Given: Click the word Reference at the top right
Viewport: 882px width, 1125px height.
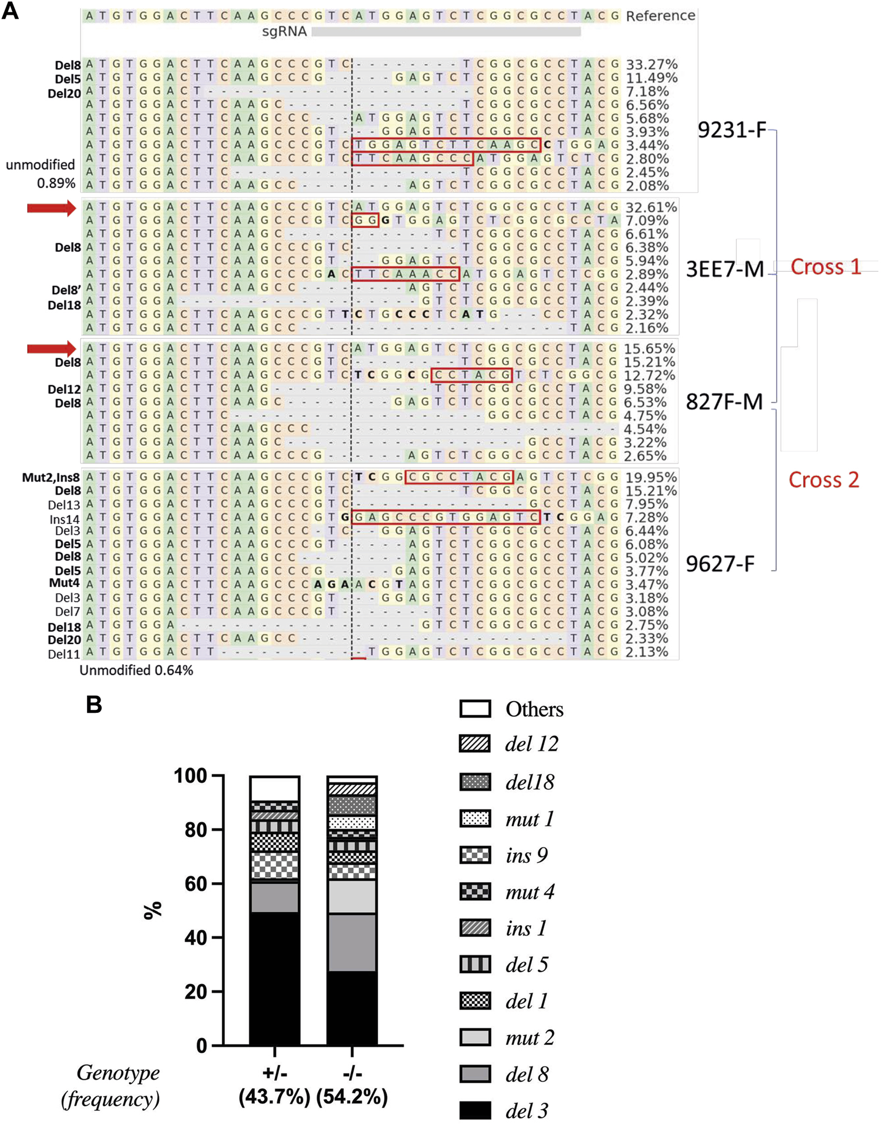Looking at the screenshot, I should click(660, 16).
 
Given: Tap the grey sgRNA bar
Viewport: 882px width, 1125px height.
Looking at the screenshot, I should click(445, 32).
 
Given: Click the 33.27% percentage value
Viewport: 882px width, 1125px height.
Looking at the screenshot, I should click(651, 64).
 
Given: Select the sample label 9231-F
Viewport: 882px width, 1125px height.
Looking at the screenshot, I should click(732, 130).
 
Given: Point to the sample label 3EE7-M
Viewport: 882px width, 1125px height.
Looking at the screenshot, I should click(725, 269).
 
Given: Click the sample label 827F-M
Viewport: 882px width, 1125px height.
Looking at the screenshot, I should click(724, 402).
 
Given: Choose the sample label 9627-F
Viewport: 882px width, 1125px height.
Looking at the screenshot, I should click(720, 564).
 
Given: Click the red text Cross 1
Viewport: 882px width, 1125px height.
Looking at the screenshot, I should click(826, 267).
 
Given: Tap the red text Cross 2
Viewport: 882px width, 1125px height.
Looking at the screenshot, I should click(824, 480).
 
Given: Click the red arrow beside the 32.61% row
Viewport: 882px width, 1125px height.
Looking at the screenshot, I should click(52, 208).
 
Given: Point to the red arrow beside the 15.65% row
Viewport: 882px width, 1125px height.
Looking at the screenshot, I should click(52, 349).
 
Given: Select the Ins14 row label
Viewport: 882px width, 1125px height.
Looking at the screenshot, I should click(64, 519).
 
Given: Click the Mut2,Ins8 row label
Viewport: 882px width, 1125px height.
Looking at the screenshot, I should click(51, 478).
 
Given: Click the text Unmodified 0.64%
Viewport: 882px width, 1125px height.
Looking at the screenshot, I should click(137, 670).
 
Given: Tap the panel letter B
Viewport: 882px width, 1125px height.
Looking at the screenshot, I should click(94, 704).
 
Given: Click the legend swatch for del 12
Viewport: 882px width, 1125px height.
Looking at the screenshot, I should click(475, 744).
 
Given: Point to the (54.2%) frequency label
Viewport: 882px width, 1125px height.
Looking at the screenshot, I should click(352, 1097).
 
